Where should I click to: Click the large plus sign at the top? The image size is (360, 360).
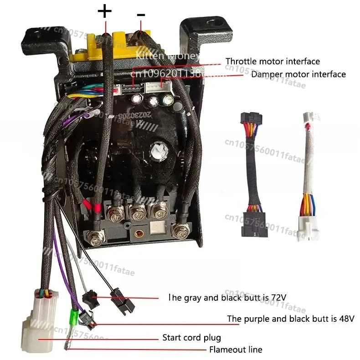click(105, 10)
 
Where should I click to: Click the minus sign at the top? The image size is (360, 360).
click(141, 15)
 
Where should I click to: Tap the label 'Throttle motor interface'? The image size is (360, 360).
click(273, 61)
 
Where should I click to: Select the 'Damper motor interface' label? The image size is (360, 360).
click(298, 74)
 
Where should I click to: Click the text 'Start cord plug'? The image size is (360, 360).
click(191, 338)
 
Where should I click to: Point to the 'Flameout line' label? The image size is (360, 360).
click(236, 350)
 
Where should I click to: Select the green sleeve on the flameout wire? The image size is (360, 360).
click(72, 315)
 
